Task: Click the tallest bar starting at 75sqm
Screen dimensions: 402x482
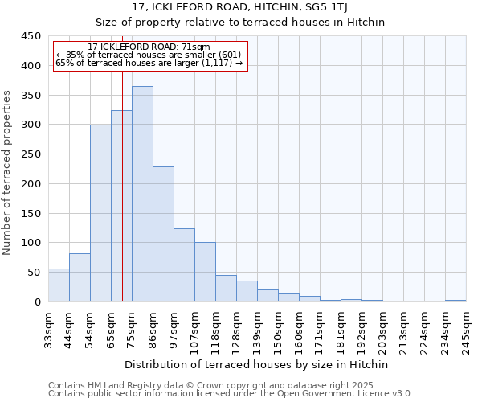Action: coord(142,194)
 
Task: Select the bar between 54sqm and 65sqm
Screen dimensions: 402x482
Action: coord(100,213)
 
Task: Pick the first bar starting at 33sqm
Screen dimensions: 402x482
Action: coord(59,285)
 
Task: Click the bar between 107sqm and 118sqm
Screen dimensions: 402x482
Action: coord(205,272)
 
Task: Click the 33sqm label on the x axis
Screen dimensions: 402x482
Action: coord(48,330)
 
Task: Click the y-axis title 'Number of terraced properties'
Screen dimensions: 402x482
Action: coord(7,172)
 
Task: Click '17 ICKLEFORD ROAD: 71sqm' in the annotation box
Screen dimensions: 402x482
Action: coord(149,47)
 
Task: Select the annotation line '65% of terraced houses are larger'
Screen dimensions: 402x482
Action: coord(149,63)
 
